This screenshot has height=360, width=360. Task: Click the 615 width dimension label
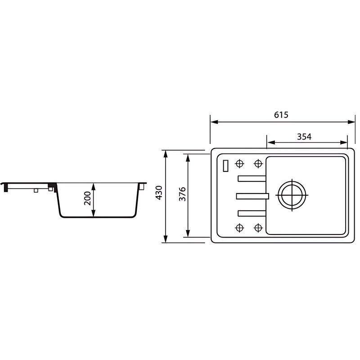[281, 115]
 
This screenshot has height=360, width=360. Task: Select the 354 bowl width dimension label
[304, 137]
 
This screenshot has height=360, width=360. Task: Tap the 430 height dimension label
[159, 193]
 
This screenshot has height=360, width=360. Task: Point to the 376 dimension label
[182, 194]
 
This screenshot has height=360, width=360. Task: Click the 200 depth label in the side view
[87, 198]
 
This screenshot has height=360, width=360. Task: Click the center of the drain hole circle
[292, 195]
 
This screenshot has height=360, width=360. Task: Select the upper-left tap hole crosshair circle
[239, 164]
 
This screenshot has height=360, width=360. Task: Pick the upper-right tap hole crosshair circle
[258, 164]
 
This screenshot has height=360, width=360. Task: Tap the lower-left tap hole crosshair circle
[239, 228]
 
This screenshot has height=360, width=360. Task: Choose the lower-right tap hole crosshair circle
[258, 228]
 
